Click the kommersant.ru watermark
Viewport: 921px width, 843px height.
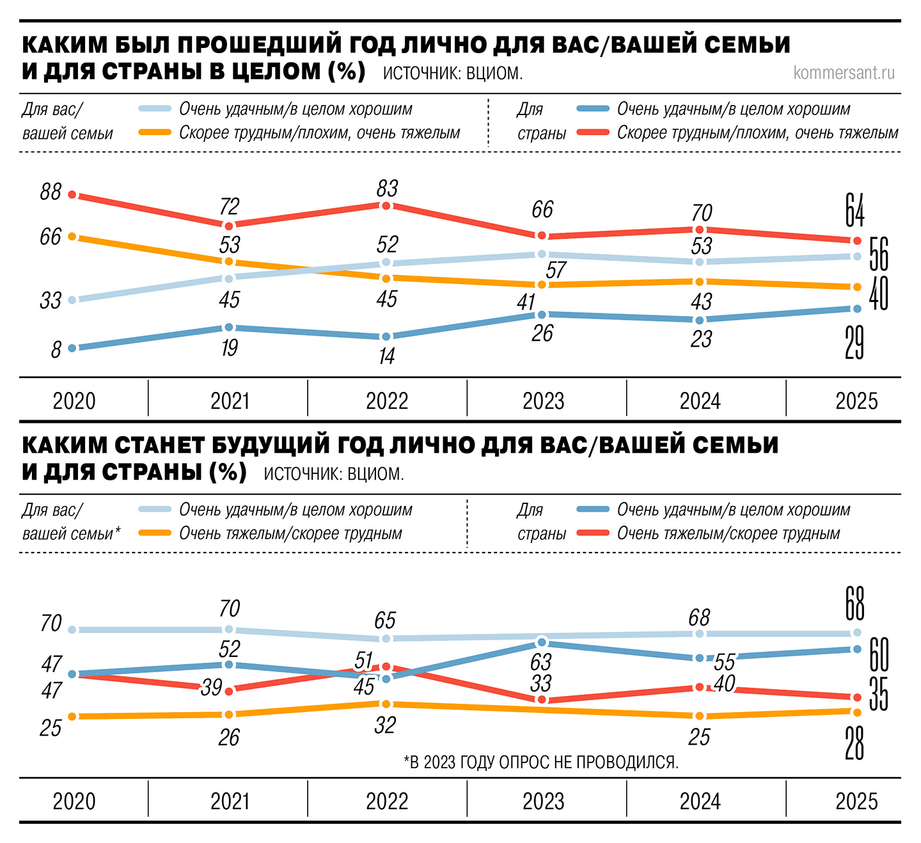point(844,73)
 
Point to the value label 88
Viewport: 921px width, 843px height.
point(51,191)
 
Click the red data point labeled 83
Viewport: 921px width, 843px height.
point(386,205)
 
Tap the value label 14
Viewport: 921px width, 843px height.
point(386,356)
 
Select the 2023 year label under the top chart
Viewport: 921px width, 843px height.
point(543,401)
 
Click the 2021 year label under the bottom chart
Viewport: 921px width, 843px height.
point(230,801)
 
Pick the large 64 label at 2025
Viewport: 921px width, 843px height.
point(854,210)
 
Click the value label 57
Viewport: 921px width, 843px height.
point(556,270)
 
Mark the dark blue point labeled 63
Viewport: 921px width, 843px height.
point(542,642)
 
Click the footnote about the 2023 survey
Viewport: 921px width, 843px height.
point(541,762)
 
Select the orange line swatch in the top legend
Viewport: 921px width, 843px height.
point(155,132)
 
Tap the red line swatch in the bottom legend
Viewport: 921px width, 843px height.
point(592,533)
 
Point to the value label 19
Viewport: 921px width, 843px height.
point(229,347)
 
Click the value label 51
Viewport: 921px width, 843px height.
point(363,660)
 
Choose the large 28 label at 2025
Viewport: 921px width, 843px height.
point(854,743)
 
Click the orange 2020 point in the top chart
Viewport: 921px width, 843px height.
point(72,237)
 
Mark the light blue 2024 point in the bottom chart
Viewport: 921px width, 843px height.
point(699,633)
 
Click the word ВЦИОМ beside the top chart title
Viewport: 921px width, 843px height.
point(494,74)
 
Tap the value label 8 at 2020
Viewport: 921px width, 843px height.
point(56,349)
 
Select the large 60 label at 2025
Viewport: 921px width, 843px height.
point(879,654)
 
